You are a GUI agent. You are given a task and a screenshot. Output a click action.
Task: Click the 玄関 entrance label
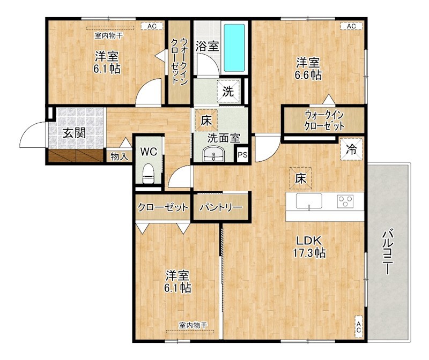click(75, 133)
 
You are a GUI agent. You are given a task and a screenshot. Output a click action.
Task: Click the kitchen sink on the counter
click(308, 202)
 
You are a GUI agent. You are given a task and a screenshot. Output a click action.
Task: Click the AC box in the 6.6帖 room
click(351, 26)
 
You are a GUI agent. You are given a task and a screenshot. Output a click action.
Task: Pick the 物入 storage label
click(119, 156)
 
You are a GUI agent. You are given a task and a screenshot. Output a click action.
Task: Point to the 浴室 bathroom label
click(206, 46)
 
